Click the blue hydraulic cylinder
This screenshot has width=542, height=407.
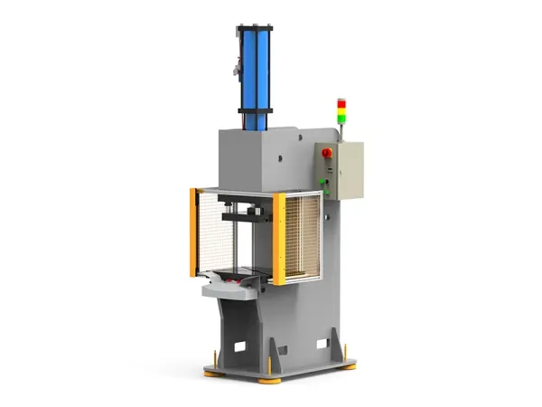(256, 68)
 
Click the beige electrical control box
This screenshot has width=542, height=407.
(346, 169)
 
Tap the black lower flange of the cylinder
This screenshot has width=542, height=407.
(256, 113)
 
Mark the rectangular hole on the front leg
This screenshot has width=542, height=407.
(240, 345)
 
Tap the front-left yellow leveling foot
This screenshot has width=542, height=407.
(213, 370)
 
